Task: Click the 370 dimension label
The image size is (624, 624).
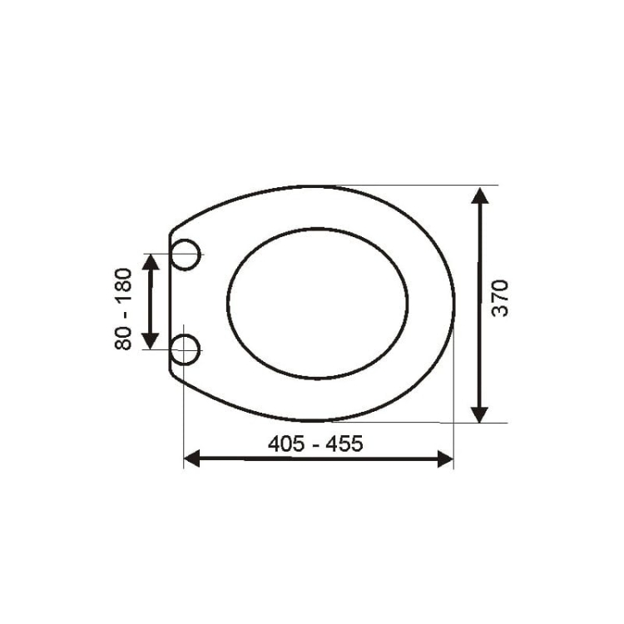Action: click(500, 299)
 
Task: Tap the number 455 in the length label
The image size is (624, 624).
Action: click(344, 443)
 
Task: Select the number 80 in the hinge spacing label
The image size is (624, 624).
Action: click(123, 338)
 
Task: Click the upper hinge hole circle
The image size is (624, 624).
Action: click(186, 255)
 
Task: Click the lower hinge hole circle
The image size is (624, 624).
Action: click(186, 349)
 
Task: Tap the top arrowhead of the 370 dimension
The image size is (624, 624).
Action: click(480, 196)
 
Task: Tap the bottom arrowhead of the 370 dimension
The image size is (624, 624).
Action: click(480, 414)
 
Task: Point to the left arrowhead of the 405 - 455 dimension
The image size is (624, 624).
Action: click(192, 458)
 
